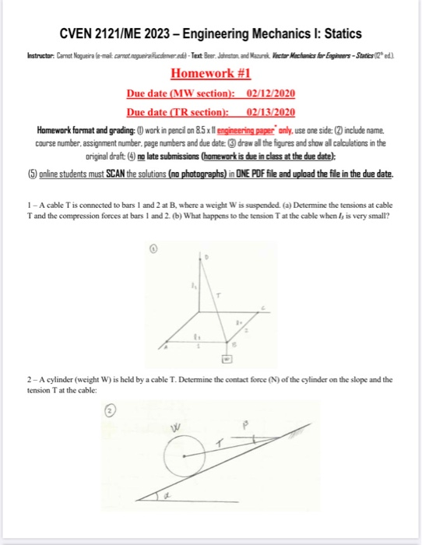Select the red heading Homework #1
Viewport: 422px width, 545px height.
click(210, 75)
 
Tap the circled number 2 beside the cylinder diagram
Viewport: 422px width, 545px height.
click(155, 413)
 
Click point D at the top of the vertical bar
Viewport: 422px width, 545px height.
click(208, 254)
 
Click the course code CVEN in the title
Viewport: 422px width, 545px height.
click(81, 35)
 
